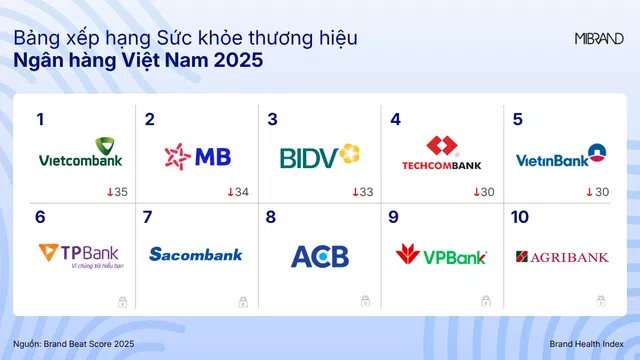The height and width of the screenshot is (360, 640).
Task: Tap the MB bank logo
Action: pos(197,156)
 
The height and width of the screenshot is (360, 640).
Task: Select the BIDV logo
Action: pos(319,156)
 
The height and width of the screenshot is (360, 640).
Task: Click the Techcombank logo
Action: pos(441,155)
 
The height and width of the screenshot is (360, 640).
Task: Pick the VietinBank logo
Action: pos(561,156)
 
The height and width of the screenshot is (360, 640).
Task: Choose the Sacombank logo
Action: pos(196,255)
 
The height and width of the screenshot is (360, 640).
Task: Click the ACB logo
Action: pos(320,256)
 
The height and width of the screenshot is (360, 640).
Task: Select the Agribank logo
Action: pos(562,257)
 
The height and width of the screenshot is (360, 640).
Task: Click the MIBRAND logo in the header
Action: pos(599,39)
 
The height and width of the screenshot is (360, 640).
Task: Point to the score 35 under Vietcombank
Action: pos(119,192)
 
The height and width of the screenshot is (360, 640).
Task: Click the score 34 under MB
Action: pos(241,192)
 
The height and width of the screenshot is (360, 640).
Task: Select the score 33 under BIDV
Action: pos(365,192)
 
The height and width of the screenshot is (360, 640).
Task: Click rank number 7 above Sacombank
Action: pos(148,217)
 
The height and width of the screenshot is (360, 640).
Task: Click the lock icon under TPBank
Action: pos(120,300)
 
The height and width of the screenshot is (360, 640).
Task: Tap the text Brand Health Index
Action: pos(586,344)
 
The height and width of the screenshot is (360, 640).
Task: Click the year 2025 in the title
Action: pos(235,61)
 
